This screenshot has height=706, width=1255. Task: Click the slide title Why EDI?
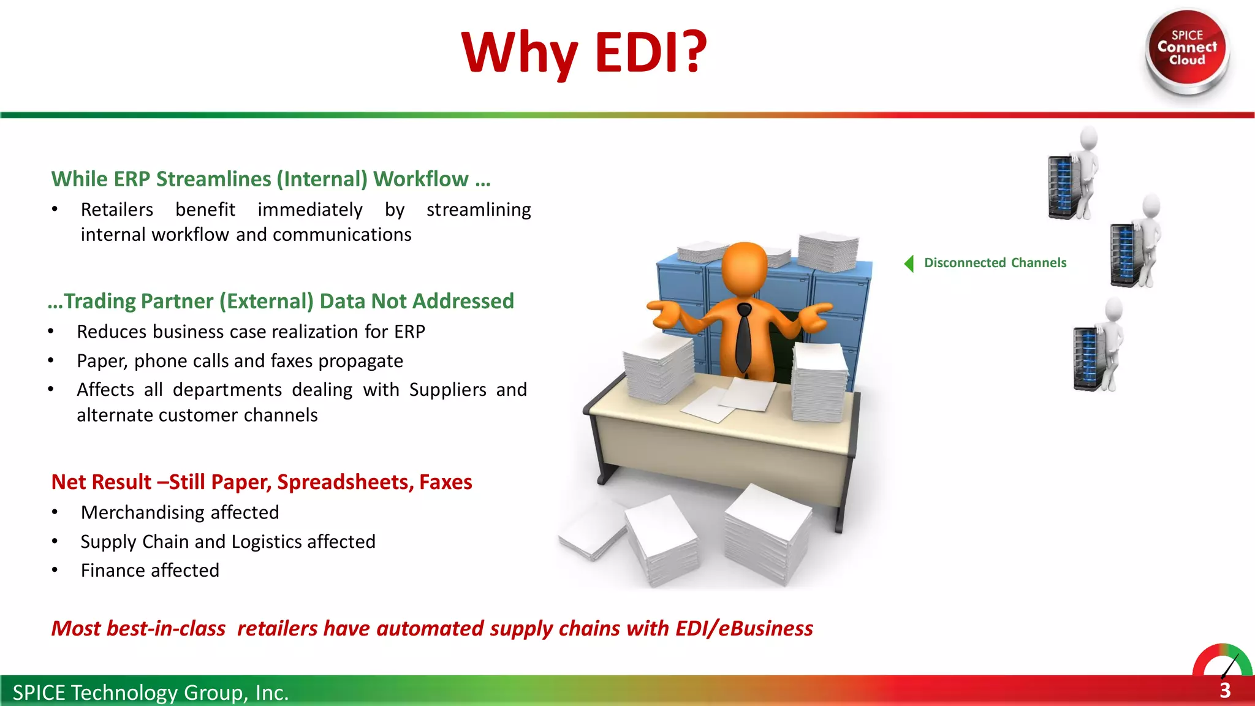584,53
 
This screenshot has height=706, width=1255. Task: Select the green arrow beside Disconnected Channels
909,264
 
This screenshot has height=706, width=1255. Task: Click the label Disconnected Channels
995,263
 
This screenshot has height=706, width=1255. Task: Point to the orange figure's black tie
743,337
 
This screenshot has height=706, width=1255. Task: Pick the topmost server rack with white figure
1072,175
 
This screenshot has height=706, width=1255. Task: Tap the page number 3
1224,691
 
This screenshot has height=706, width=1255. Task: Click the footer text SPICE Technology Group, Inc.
151,693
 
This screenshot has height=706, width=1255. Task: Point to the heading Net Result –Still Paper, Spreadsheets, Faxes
262,482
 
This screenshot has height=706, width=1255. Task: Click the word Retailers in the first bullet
117,210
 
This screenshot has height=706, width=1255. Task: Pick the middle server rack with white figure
1135,242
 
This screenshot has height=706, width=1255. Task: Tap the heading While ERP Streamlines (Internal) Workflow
271,179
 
